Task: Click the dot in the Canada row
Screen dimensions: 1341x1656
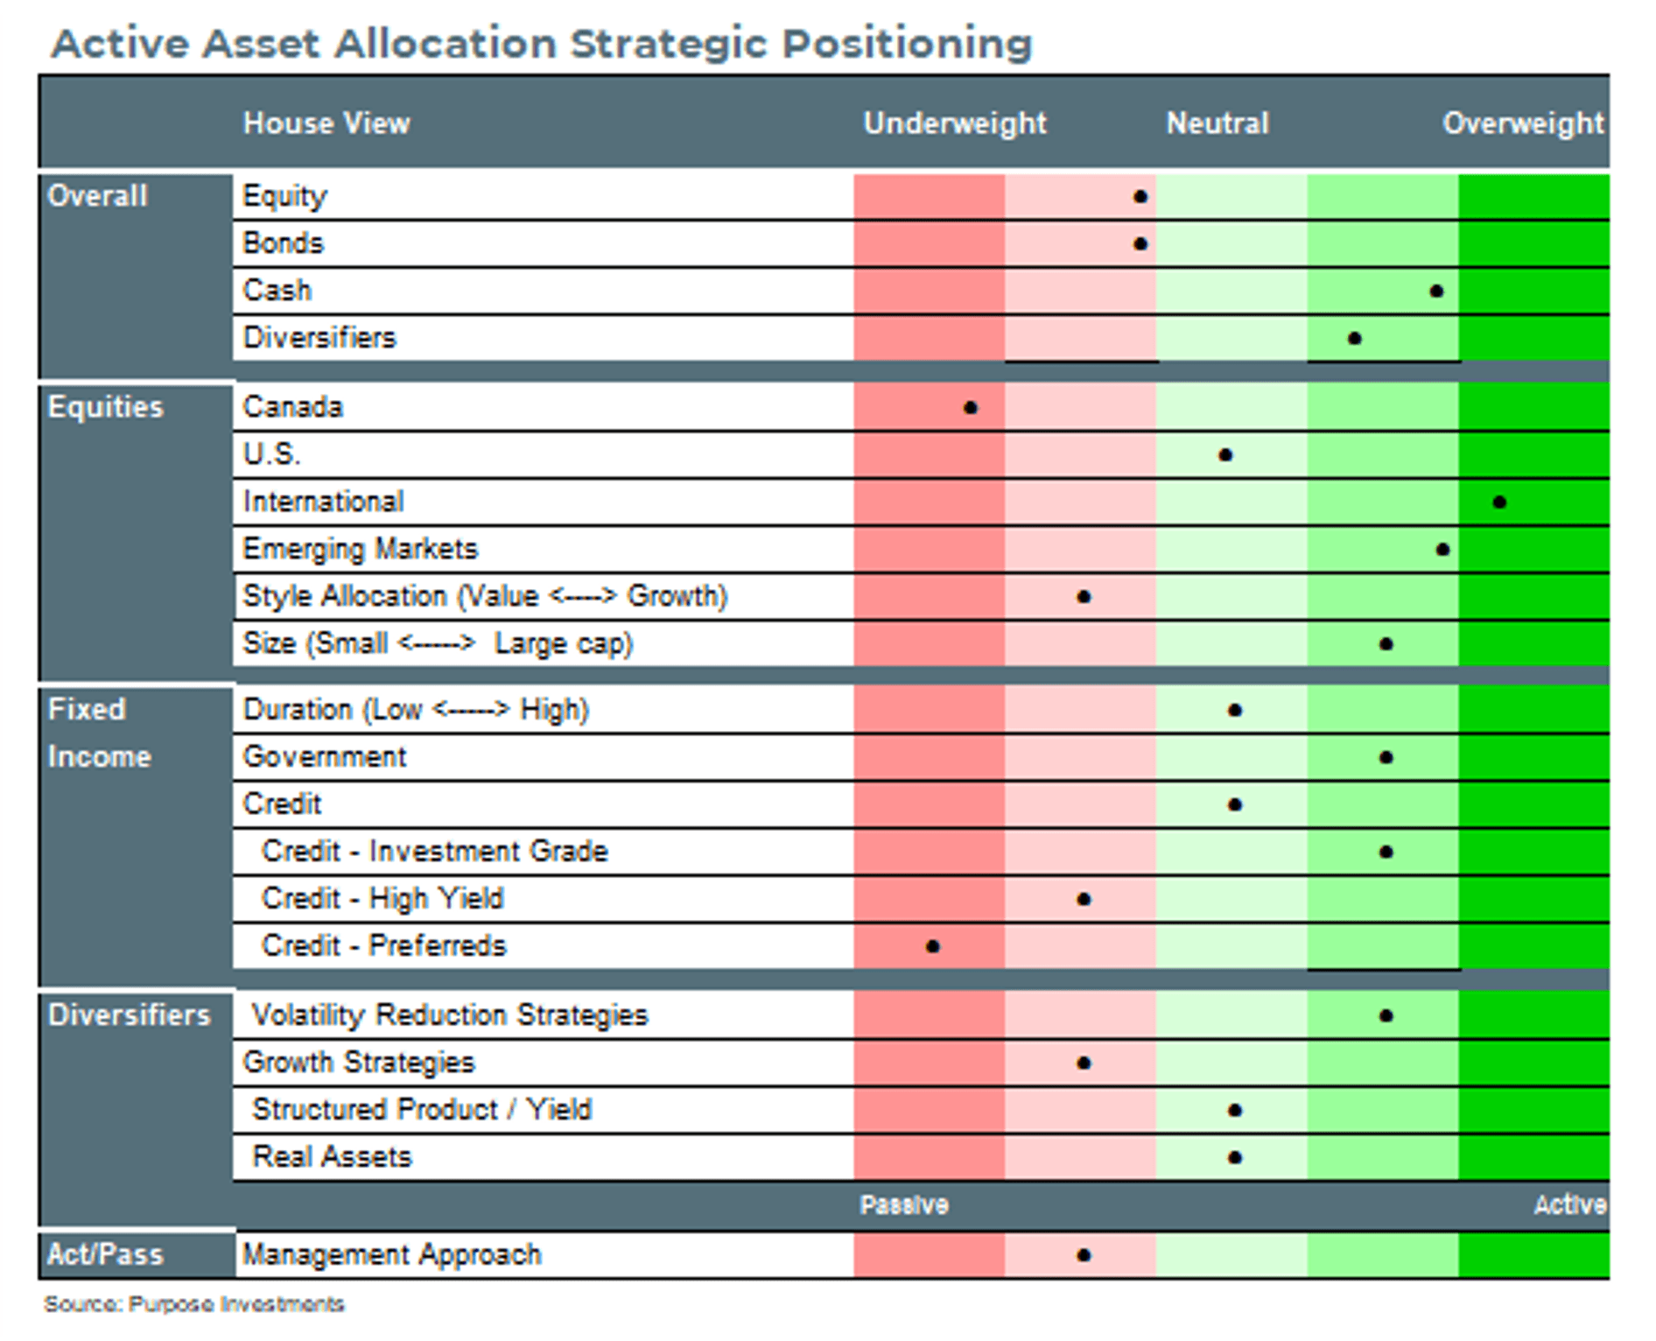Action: (970, 408)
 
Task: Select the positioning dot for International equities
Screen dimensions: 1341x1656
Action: (1499, 502)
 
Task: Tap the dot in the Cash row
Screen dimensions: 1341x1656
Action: (1436, 291)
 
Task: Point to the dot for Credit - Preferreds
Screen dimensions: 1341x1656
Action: (933, 946)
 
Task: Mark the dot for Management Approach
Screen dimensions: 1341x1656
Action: (1084, 1255)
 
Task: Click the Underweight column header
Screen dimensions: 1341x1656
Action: (955, 123)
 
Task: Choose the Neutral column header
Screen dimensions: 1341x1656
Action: (1217, 123)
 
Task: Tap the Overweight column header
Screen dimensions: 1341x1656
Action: (1523, 123)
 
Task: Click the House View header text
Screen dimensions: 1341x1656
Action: (326, 123)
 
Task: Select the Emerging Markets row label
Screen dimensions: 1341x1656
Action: (361, 549)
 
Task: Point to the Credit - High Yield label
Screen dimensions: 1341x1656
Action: (382, 899)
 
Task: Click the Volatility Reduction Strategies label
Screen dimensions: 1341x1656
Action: (450, 1015)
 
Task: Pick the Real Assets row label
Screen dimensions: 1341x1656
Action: (332, 1157)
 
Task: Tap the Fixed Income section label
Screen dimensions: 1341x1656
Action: (99, 733)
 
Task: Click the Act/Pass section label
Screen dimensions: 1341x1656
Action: (105, 1254)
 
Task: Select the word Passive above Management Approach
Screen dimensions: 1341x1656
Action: (904, 1205)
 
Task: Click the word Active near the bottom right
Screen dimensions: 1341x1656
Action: (1570, 1205)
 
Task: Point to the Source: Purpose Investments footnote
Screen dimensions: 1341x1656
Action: (194, 1304)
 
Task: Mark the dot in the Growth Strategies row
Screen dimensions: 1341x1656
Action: (1084, 1064)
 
